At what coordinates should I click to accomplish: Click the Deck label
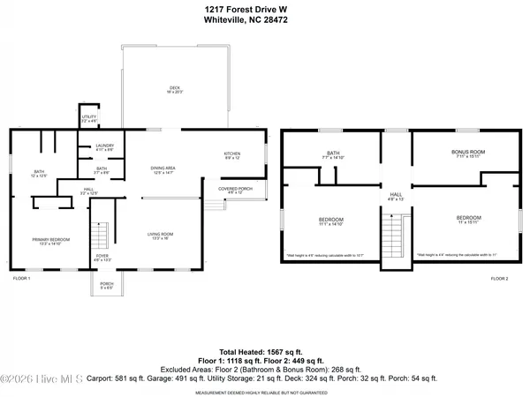coord(175,89)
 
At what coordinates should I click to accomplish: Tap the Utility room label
coord(89,118)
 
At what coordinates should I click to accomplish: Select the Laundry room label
coord(104,148)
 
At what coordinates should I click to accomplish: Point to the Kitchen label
coord(231,155)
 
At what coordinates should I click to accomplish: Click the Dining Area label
coord(161,170)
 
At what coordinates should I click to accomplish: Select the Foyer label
coord(103,258)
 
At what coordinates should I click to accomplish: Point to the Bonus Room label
coord(469,154)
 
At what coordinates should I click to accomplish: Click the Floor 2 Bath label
coord(333,156)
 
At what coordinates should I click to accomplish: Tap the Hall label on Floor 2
coord(397,197)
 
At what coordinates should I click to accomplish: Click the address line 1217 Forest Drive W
coord(264,8)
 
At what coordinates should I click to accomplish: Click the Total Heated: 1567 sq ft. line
coord(264,351)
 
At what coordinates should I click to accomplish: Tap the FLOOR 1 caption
coord(21,279)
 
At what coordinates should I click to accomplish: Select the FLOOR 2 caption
coord(500,279)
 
